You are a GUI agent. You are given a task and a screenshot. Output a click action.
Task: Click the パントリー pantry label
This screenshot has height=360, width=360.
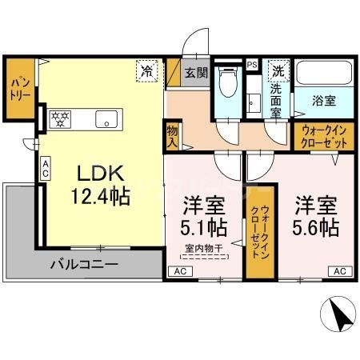(19, 89)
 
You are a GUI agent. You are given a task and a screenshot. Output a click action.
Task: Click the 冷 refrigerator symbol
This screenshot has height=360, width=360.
(146, 70)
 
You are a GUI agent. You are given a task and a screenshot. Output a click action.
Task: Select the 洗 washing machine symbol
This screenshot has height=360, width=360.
(278, 70)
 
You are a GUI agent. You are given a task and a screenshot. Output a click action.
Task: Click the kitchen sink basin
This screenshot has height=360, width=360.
(107, 119)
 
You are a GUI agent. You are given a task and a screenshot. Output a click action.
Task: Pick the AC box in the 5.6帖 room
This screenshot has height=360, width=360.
(338, 271)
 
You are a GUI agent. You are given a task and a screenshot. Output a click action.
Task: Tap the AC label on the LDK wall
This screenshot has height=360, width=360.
(46, 168)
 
